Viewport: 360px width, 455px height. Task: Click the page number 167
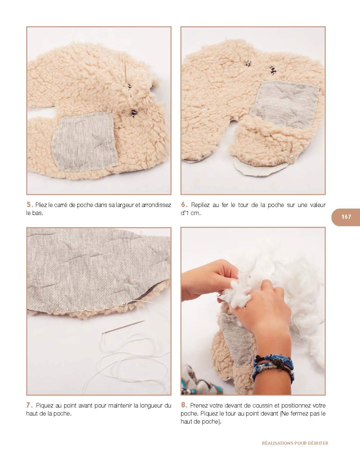click(x=346, y=217)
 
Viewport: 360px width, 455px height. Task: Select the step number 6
click(x=184, y=204)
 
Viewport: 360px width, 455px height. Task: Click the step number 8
click(x=184, y=405)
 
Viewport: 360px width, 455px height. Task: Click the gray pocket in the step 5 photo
click(x=85, y=141)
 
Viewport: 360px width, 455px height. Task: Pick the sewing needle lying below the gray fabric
click(x=123, y=327)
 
